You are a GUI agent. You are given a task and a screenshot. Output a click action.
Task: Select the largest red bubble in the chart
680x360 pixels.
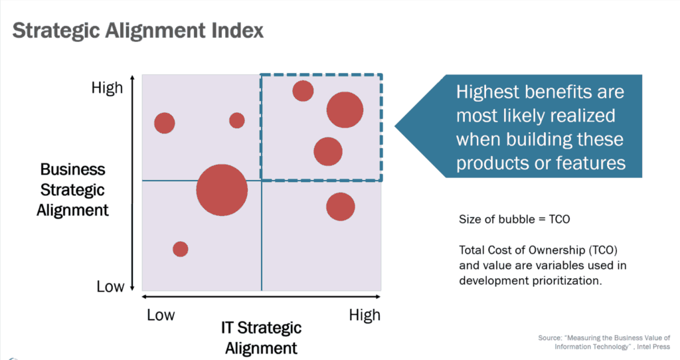point(222,191)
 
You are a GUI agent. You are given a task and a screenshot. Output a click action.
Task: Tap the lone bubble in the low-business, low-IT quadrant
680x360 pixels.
point(181,249)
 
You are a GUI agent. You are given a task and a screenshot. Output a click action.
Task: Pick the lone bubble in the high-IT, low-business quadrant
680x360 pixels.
point(340,207)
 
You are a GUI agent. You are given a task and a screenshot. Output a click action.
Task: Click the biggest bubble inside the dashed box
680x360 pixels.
point(345,110)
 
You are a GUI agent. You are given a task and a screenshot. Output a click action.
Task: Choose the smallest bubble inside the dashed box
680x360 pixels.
point(303,90)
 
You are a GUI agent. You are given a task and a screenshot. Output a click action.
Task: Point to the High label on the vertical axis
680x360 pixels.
point(107,88)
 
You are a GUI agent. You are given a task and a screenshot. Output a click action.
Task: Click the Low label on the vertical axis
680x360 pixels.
point(110,287)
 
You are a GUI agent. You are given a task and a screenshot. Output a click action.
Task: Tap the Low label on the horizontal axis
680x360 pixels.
point(161,315)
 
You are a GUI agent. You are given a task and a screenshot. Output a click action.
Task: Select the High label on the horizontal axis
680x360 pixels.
point(365,315)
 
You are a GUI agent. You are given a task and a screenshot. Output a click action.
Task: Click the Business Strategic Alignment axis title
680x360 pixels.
point(72,190)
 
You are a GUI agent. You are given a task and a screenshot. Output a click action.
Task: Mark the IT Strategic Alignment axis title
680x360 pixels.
point(261,337)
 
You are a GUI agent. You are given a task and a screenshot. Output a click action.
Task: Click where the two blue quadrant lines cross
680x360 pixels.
point(262,181)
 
